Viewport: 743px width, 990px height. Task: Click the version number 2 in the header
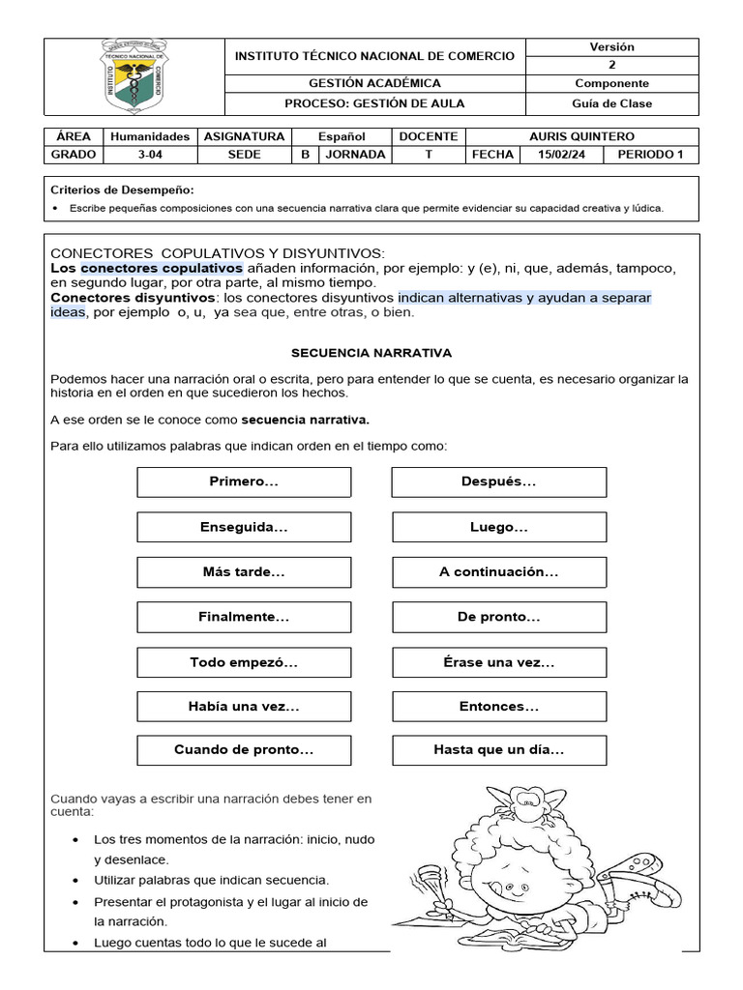coord(610,65)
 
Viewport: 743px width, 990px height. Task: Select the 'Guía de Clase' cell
coord(610,103)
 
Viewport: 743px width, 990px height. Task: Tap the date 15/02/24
coord(560,154)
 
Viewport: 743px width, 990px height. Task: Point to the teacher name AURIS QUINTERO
coord(581,136)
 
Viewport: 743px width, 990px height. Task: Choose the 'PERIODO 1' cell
coord(649,154)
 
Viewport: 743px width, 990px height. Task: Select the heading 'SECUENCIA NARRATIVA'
coord(372,353)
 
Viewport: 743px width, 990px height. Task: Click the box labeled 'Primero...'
coord(244,481)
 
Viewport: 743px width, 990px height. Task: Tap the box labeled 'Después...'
coord(498,481)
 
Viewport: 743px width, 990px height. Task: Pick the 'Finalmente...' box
coord(244,617)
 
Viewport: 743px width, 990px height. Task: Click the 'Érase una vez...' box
coord(498,662)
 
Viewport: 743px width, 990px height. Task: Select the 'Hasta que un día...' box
coord(498,749)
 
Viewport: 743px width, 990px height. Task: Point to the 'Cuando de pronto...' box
coord(244,749)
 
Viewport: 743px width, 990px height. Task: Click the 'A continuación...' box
coord(498,571)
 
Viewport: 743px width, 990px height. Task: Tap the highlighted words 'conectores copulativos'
coord(162,267)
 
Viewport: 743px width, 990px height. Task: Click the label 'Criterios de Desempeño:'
coord(121,190)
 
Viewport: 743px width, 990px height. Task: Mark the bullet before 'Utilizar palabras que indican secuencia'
coord(76,881)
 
